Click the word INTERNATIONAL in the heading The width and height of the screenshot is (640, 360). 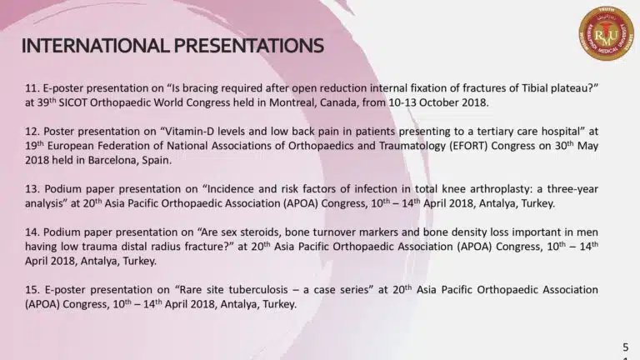click(95, 45)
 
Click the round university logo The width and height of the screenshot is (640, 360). click(606, 33)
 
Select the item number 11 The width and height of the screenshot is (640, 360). click(32, 88)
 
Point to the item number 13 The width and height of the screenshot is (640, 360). click(32, 189)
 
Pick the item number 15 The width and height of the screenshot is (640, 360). click(32, 290)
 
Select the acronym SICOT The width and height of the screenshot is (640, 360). click(72, 102)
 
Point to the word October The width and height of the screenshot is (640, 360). click(439, 102)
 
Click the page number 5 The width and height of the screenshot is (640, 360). click(626, 347)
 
